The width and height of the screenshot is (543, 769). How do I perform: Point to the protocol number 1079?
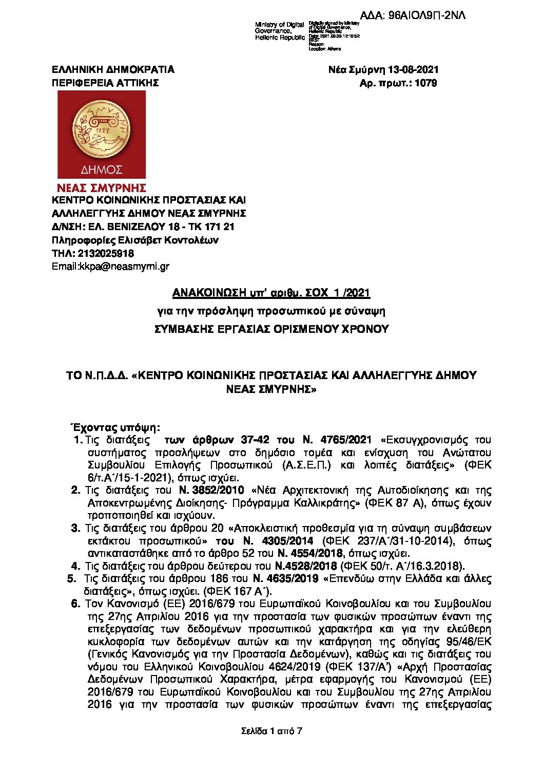(425, 83)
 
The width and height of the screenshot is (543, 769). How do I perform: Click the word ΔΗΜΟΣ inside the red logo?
(102, 170)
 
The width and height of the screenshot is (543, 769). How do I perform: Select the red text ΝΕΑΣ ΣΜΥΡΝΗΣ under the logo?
(102, 188)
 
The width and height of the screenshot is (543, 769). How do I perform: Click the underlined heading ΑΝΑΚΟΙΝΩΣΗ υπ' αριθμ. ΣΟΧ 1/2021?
(271, 293)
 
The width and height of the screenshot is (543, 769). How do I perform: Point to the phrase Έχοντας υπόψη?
(115, 427)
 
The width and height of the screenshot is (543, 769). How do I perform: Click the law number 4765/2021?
(345, 440)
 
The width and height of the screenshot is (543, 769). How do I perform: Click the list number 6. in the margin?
(76, 604)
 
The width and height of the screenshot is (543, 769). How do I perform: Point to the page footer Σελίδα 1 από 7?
(271, 730)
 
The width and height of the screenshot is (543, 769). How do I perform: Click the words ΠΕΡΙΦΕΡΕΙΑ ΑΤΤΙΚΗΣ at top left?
(105, 83)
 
